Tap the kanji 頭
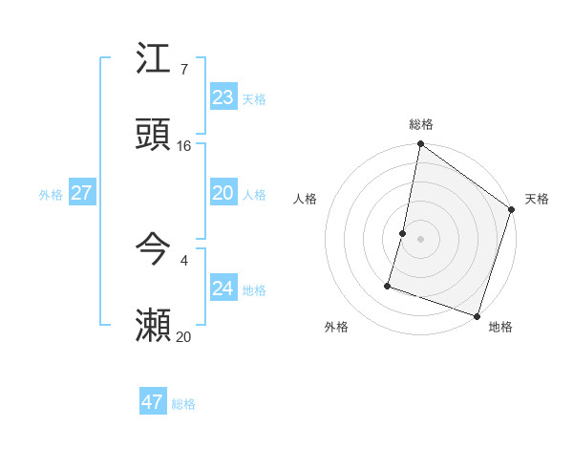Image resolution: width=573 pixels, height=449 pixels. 153,135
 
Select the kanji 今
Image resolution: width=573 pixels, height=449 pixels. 153,250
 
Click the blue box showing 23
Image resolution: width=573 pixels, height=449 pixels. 223,97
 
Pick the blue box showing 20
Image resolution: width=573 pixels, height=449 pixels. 223,193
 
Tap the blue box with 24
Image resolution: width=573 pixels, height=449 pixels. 223,289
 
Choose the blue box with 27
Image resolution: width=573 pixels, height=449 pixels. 81,193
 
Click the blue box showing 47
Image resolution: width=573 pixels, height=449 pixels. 152,402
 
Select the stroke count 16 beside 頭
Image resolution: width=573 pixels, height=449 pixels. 184,146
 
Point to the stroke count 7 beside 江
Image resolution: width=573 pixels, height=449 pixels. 184,70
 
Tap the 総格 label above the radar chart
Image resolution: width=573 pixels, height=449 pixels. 421,124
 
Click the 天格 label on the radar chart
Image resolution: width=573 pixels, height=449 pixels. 537,199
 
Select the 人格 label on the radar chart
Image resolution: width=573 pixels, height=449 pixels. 306,199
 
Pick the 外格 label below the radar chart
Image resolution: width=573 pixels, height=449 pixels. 336,328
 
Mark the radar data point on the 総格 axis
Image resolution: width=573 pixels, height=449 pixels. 420,145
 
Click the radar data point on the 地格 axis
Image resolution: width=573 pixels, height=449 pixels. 477,315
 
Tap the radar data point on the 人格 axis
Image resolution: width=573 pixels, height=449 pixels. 403,233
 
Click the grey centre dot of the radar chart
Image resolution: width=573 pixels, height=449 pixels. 420,238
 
